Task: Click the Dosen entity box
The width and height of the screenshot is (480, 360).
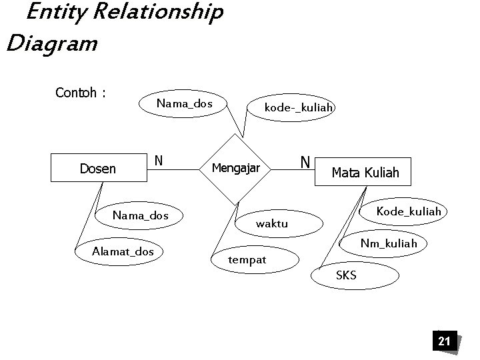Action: tap(98, 169)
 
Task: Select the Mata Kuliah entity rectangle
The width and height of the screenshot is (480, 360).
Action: tap(365, 173)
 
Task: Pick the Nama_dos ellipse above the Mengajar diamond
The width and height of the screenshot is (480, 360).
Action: tap(184, 103)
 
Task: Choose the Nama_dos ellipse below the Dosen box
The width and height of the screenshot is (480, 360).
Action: tap(141, 215)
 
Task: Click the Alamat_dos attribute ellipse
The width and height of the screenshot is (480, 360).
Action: tap(123, 251)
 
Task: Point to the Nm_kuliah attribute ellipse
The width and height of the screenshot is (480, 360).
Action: tap(389, 243)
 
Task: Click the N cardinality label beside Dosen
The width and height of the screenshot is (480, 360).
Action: tap(159, 161)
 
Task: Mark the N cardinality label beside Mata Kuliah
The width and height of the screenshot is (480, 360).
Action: tap(305, 162)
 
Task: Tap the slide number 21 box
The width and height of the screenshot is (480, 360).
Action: tap(444, 342)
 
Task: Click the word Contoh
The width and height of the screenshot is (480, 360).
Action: tap(75, 93)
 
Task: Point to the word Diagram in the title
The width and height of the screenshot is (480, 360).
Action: tap(51, 45)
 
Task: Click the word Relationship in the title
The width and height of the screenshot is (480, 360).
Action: tap(154, 13)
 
